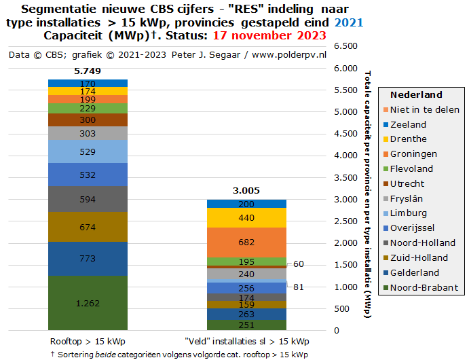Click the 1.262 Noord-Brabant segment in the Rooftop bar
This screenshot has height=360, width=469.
tap(88, 303)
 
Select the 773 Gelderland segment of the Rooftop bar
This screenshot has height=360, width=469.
tap(88, 259)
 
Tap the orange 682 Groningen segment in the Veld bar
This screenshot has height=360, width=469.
tap(247, 242)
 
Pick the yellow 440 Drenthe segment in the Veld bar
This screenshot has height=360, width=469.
tap(247, 217)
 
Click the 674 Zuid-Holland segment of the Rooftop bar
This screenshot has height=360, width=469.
tap(88, 227)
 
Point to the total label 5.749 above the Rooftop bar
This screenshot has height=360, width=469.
tap(88, 71)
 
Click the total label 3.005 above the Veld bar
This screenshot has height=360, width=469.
tap(247, 191)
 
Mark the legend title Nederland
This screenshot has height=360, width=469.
tap(416, 94)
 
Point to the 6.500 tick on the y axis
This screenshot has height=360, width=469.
tap(346, 46)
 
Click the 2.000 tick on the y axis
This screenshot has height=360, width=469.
tap(346, 243)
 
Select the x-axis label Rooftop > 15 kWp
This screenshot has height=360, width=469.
tap(88, 341)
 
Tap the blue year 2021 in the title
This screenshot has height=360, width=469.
tap(350, 22)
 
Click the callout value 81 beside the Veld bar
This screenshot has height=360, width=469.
tap(299, 287)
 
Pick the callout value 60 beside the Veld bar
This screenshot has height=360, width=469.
tap(299, 264)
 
